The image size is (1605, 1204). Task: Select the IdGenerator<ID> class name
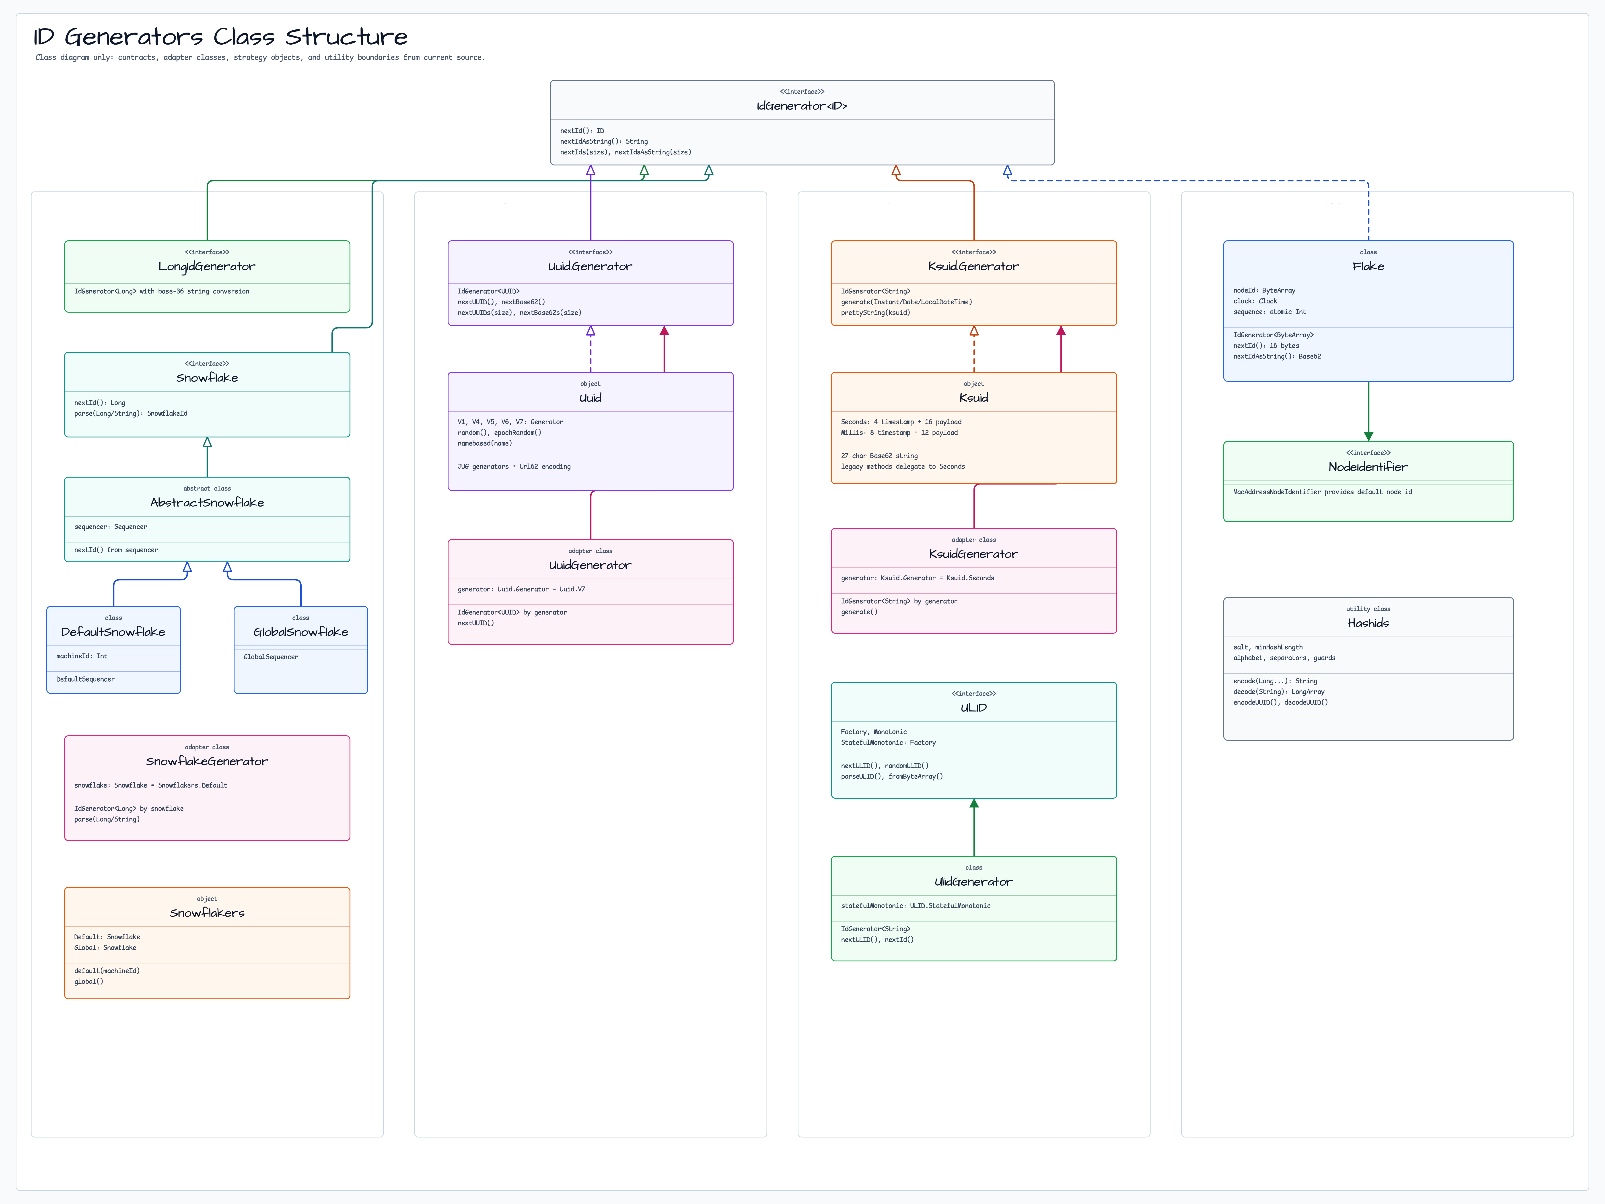click(x=802, y=106)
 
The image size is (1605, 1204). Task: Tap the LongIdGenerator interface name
click(x=207, y=266)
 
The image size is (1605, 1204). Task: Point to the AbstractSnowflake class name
click(x=207, y=502)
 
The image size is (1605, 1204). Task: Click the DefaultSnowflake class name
click(x=113, y=631)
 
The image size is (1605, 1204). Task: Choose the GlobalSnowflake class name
click(x=300, y=631)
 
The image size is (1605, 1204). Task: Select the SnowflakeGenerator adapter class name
click(x=207, y=761)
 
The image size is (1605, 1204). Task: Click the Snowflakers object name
click(x=207, y=912)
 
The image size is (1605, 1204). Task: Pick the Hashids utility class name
click(x=1368, y=623)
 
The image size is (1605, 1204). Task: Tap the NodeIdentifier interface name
click(x=1368, y=467)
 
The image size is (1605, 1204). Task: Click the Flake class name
click(x=1368, y=266)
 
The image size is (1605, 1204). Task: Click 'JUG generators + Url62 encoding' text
click(x=514, y=467)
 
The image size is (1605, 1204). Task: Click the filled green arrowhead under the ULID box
click(x=974, y=803)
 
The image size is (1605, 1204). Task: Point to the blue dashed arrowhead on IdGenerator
click(x=1007, y=171)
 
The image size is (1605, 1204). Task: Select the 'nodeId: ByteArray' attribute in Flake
click(x=1264, y=290)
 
